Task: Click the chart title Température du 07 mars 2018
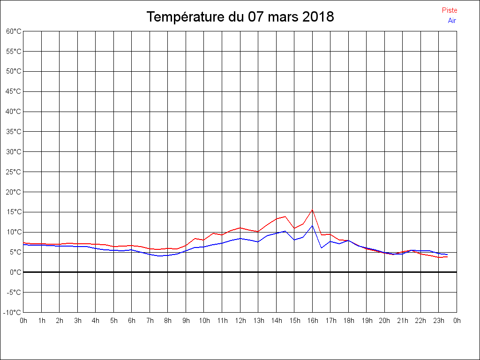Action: pyautogui.click(x=240, y=17)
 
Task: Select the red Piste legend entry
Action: pyautogui.click(x=450, y=10)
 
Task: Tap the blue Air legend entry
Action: pyautogui.click(x=452, y=20)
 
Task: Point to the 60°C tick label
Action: pyautogui.click(x=14, y=31)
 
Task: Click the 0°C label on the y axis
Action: pyautogui.click(x=15, y=272)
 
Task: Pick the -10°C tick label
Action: pyautogui.click(x=13, y=312)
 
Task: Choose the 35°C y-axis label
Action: pyautogui.click(x=14, y=132)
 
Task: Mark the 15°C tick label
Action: pyautogui.click(x=14, y=212)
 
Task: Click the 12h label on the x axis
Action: pyautogui.click(x=240, y=321)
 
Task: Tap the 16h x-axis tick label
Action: pyautogui.click(x=312, y=321)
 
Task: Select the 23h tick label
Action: pyautogui.click(x=439, y=321)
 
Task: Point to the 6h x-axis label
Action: pyautogui.click(x=132, y=321)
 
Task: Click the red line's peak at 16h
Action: pyautogui.click(x=312, y=210)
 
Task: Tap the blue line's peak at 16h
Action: pyautogui.click(x=312, y=225)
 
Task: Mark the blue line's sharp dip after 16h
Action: pyautogui.click(x=322, y=247)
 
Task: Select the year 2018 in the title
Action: pyautogui.click(x=318, y=17)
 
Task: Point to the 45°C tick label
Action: pyautogui.click(x=14, y=91)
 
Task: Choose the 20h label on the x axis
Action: pyautogui.click(x=384, y=321)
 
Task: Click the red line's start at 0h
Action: pyautogui.click(x=23, y=243)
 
